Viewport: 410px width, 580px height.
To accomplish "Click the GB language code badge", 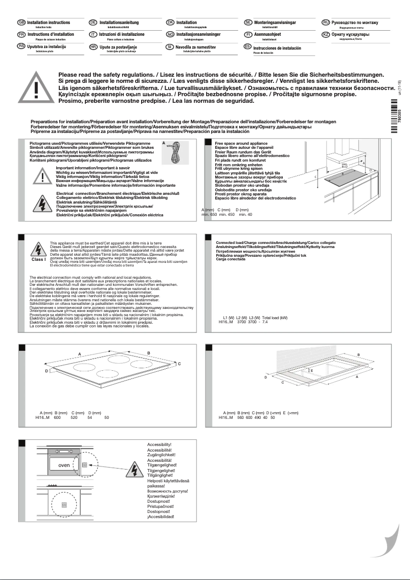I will (x=21, y=23).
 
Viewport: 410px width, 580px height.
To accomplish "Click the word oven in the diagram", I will (x=64, y=465).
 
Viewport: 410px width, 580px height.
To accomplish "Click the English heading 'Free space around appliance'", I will (x=238, y=144).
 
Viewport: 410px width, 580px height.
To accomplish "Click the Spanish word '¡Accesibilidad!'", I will (x=161, y=517).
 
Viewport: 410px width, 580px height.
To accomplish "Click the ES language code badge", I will (x=247, y=47).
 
